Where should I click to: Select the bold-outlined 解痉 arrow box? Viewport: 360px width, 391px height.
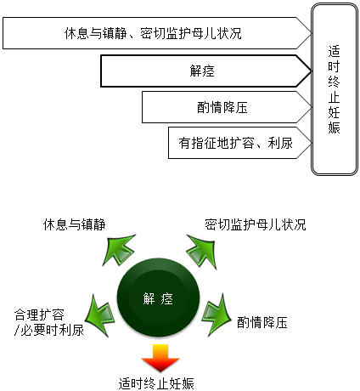click(x=206, y=71)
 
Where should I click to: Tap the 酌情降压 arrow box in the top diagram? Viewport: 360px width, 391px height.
click(x=227, y=107)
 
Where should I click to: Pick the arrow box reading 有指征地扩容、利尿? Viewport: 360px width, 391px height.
click(x=240, y=143)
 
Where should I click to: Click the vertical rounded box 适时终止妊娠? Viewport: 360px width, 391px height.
click(x=335, y=89)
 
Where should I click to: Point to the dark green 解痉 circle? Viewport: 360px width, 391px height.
click(x=158, y=297)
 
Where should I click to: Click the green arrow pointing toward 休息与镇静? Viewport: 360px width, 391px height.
click(x=119, y=249)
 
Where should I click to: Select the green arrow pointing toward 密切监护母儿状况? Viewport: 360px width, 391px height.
click(x=202, y=251)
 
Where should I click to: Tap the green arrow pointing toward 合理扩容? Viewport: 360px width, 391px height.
click(x=99, y=315)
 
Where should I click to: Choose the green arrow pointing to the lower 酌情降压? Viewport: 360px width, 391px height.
click(x=217, y=315)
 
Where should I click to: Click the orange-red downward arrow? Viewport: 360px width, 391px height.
click(x=160, y=358)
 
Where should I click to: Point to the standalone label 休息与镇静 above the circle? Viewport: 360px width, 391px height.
click(x=74, y=224)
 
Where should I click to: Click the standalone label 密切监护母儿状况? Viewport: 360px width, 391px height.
click(x=256, y=224)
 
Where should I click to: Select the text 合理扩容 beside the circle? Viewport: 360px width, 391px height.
click(x=39, y=314)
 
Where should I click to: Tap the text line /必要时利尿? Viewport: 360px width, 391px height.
click(x=49, y=330)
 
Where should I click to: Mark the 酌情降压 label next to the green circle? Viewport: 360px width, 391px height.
click(x=262, y=322)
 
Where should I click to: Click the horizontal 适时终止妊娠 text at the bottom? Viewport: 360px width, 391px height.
click(x=156, y=383)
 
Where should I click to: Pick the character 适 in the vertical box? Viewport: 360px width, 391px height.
click(x=334, y=51)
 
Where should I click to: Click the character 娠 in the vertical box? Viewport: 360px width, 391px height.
click(x=334, y=127)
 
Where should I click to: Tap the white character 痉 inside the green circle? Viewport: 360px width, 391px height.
click(x=167, y=298)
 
